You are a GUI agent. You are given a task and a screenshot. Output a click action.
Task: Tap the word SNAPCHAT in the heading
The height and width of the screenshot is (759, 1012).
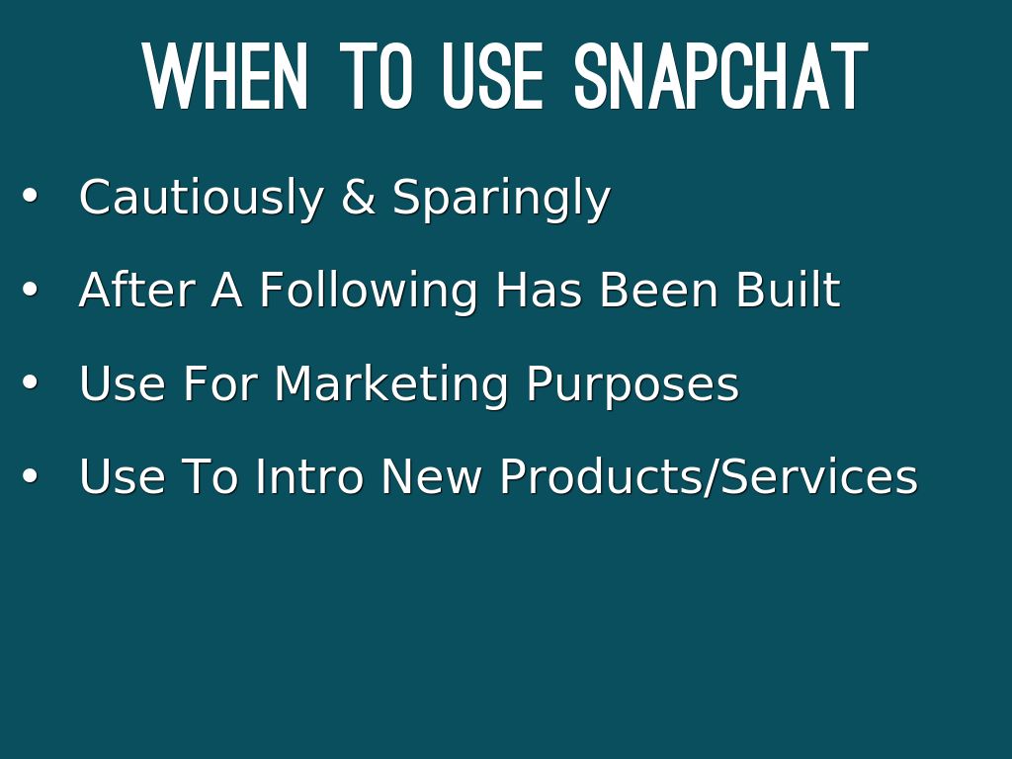[720, 76]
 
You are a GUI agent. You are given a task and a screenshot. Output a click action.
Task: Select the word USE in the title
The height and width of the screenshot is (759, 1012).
[492, 76]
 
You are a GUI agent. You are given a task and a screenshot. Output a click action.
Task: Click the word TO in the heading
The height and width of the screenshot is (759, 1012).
[376, 76]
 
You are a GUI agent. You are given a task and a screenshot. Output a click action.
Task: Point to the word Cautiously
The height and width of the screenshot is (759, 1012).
[201, 198]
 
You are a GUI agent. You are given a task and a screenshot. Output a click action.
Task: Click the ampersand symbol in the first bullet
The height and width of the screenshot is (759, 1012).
[358, 197]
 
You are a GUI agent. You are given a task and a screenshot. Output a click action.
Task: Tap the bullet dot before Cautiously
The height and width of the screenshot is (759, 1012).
[30, 195]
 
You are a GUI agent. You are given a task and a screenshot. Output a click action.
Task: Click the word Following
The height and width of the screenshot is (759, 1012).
[369, 291]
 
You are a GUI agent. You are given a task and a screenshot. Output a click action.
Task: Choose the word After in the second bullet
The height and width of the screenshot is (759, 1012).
[136, 289]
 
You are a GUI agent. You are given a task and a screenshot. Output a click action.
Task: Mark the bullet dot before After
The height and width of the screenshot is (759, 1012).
[30, 290]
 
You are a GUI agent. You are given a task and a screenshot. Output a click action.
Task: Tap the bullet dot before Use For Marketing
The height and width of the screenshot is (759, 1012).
[30, 382]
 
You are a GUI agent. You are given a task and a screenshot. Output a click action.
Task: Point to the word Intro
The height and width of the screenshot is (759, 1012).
[309, 475]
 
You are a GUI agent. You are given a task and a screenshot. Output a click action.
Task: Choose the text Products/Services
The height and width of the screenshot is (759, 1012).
[709, 476]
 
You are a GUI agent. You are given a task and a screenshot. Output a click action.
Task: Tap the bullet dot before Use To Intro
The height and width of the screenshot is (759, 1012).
[30, 476]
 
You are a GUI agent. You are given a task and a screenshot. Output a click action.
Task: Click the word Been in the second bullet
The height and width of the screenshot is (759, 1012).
[658, 290]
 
